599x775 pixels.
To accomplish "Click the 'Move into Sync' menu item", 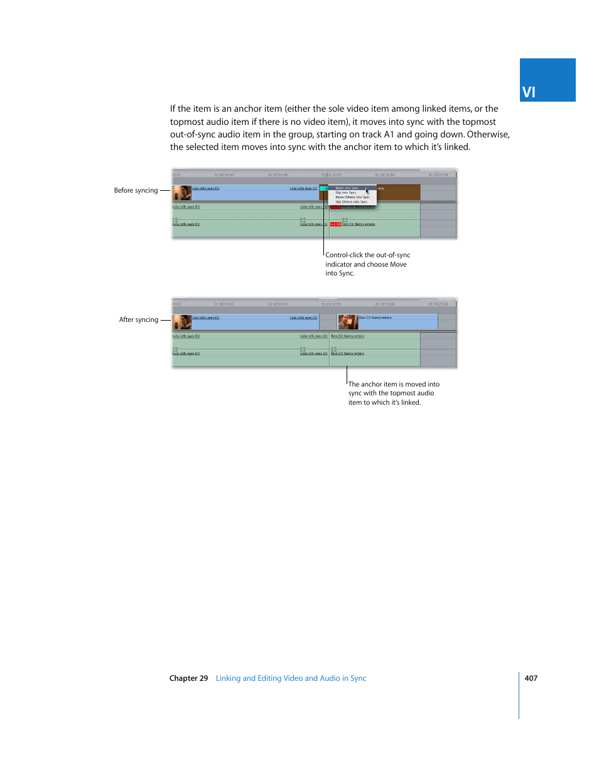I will tap(347, 188).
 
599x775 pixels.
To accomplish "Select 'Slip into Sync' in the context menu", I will tap(346, 193).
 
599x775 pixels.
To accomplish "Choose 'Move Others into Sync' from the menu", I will tap(352, 197).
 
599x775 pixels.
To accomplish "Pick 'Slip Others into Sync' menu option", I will tap(351, 202).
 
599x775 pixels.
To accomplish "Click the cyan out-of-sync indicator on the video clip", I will tap(323, 188).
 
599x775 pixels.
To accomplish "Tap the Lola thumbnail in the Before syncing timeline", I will tap(181, 193).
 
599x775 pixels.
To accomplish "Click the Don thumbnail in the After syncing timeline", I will tap(347, 322).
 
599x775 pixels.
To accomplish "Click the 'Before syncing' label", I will tap(136, 190).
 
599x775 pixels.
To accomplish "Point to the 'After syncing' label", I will tap(138, 319).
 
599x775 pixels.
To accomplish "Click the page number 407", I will tap(531, 678).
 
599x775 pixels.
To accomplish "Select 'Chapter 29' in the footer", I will tap(188, 678).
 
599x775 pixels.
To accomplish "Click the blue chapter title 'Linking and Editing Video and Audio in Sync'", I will tap(291, 678).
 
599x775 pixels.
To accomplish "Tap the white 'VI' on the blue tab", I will tap(529, 92).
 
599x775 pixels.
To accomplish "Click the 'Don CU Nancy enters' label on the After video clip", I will tap(375, 318).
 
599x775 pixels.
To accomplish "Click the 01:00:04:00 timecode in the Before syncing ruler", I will tap(224, 175).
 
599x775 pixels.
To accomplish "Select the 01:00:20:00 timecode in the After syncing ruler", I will tap(438, 304).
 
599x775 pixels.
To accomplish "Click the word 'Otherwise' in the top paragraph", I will tap(488, 134).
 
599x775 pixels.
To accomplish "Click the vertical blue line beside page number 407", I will tap(519, 695).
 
